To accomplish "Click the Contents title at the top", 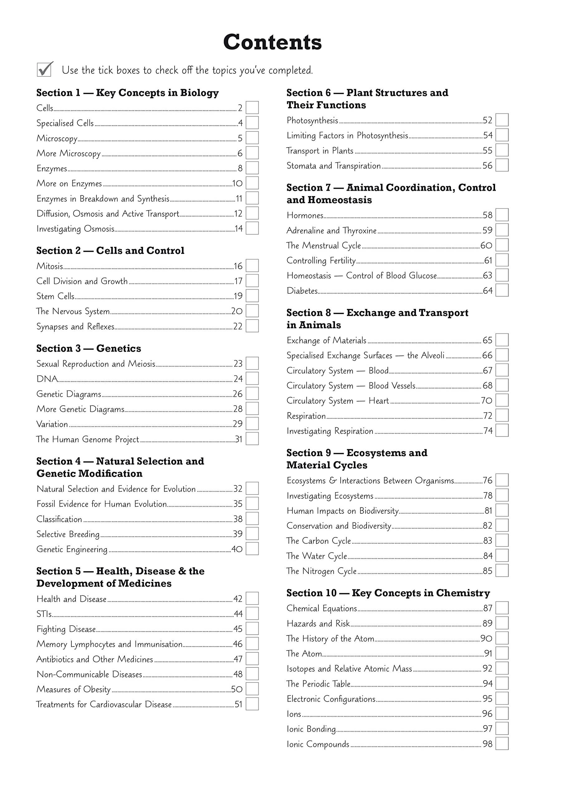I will pos(272,42).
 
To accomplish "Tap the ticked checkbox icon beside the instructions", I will pos(45,69).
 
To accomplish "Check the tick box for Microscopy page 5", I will pos(252,138).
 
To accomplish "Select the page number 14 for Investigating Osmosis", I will pos(238,229).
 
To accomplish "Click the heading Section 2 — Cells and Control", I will pos(110,251).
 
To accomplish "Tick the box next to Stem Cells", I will pos(252,296).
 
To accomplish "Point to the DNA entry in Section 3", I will pos(47,379).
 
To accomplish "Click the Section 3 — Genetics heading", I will pos(88,348).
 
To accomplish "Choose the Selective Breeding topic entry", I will pos(68,534).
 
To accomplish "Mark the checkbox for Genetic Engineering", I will pos(252,549).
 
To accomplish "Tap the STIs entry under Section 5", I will pos(44,614).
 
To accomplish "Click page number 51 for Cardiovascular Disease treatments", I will pos(238,704).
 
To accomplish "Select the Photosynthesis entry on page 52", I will pos(312,121).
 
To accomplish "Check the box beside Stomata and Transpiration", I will pos(502,165).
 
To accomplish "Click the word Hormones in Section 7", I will pos(305,215).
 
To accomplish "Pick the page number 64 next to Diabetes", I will pos(488,291).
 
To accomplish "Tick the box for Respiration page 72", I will pos(502,415).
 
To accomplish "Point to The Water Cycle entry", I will pos(317,556).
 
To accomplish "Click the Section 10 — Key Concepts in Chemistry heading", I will pos(388,593).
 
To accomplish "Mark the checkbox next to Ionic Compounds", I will pos(502,744).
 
